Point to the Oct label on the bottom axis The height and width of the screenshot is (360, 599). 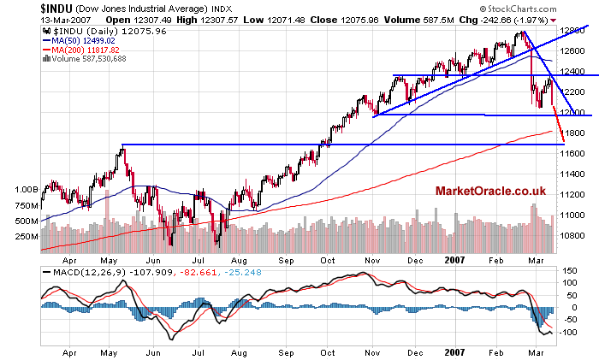point(327,351)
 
